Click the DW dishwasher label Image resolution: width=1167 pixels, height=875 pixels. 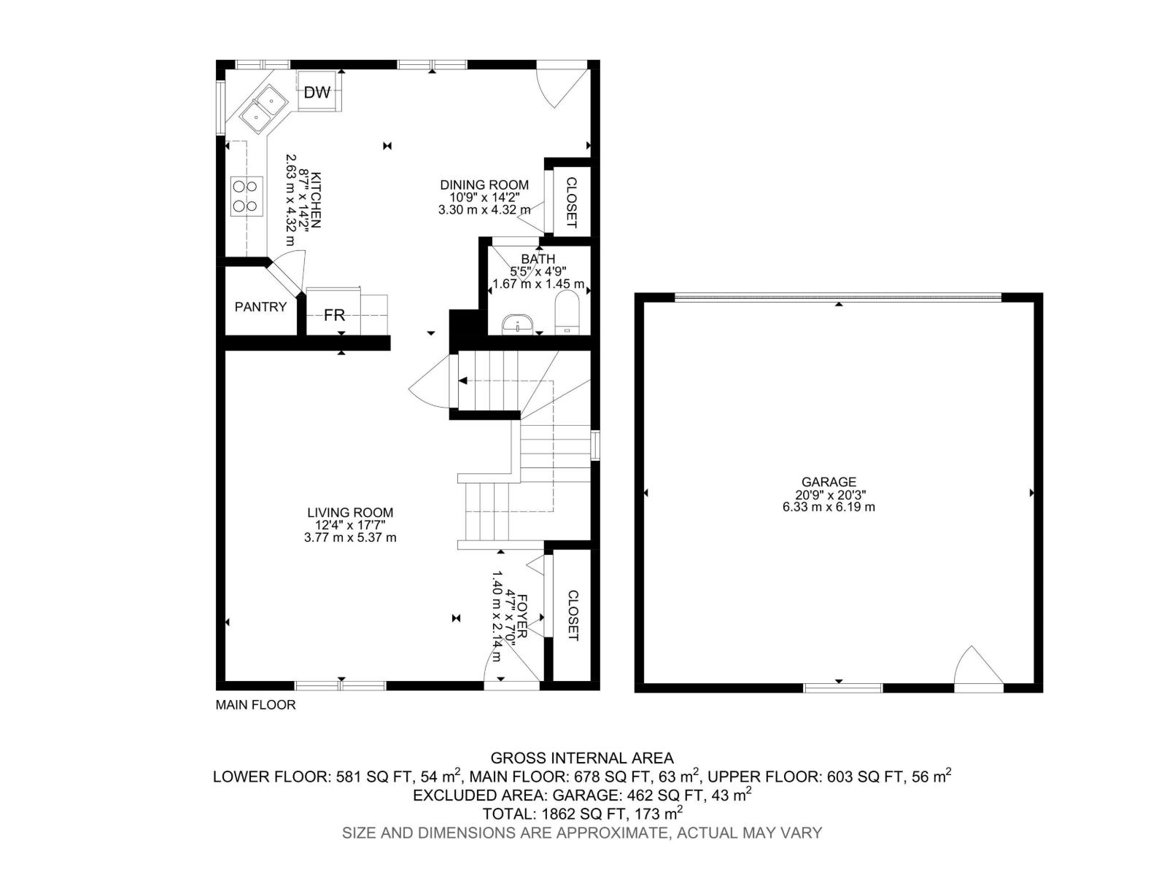(317, 93)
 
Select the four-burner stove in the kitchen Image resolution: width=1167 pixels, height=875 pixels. (247, 196)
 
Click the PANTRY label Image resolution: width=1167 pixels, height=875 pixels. (260, 307)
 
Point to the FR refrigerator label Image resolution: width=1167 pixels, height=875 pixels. (334, 316)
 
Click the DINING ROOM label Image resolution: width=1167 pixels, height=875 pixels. (484, 185)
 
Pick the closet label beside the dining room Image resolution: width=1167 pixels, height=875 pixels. (571, 203)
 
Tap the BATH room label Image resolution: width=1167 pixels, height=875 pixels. (538, 259)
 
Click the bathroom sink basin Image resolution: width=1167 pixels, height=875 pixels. (519, 323)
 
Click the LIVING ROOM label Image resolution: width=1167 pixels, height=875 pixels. (350, 513)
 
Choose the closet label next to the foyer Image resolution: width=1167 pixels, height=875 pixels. (572, 615)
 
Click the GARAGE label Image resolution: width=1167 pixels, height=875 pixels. (829, 482)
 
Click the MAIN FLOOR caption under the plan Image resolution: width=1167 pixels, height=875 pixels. (255, 705)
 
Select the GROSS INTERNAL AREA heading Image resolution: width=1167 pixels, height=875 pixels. (582, 758)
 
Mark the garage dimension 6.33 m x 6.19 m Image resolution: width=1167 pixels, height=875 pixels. (829, 507)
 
